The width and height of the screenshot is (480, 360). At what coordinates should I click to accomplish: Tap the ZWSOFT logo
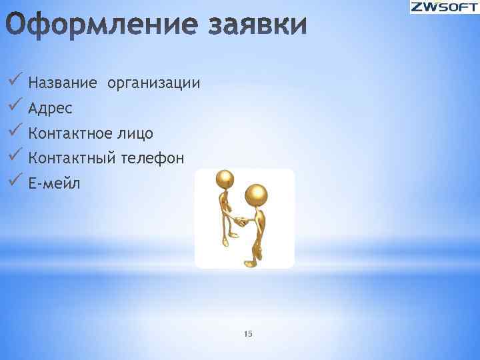(x=443, y=8)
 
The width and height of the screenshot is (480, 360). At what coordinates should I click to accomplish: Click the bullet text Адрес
(x=51, y=108)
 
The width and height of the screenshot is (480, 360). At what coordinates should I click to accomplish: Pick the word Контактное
(x=71, y=133)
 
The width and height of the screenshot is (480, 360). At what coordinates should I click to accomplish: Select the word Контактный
(x=71, y=158)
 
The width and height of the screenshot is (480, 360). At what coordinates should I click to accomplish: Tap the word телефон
(x=153, y=158)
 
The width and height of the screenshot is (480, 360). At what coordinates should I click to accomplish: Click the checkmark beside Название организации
(x=16, y=81)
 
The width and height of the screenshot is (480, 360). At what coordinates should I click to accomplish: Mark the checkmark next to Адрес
(x=16, y=106)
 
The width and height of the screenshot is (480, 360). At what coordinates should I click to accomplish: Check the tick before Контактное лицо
(x=16, y=131)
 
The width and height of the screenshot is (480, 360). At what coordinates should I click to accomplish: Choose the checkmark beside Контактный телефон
(x=16, y=156)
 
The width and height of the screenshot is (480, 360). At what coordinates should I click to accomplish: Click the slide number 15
(x=249, y=333)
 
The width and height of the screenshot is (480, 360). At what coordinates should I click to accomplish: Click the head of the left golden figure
(x=225, y=179)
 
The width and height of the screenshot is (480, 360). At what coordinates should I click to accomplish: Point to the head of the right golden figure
(x=257, y=194)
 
